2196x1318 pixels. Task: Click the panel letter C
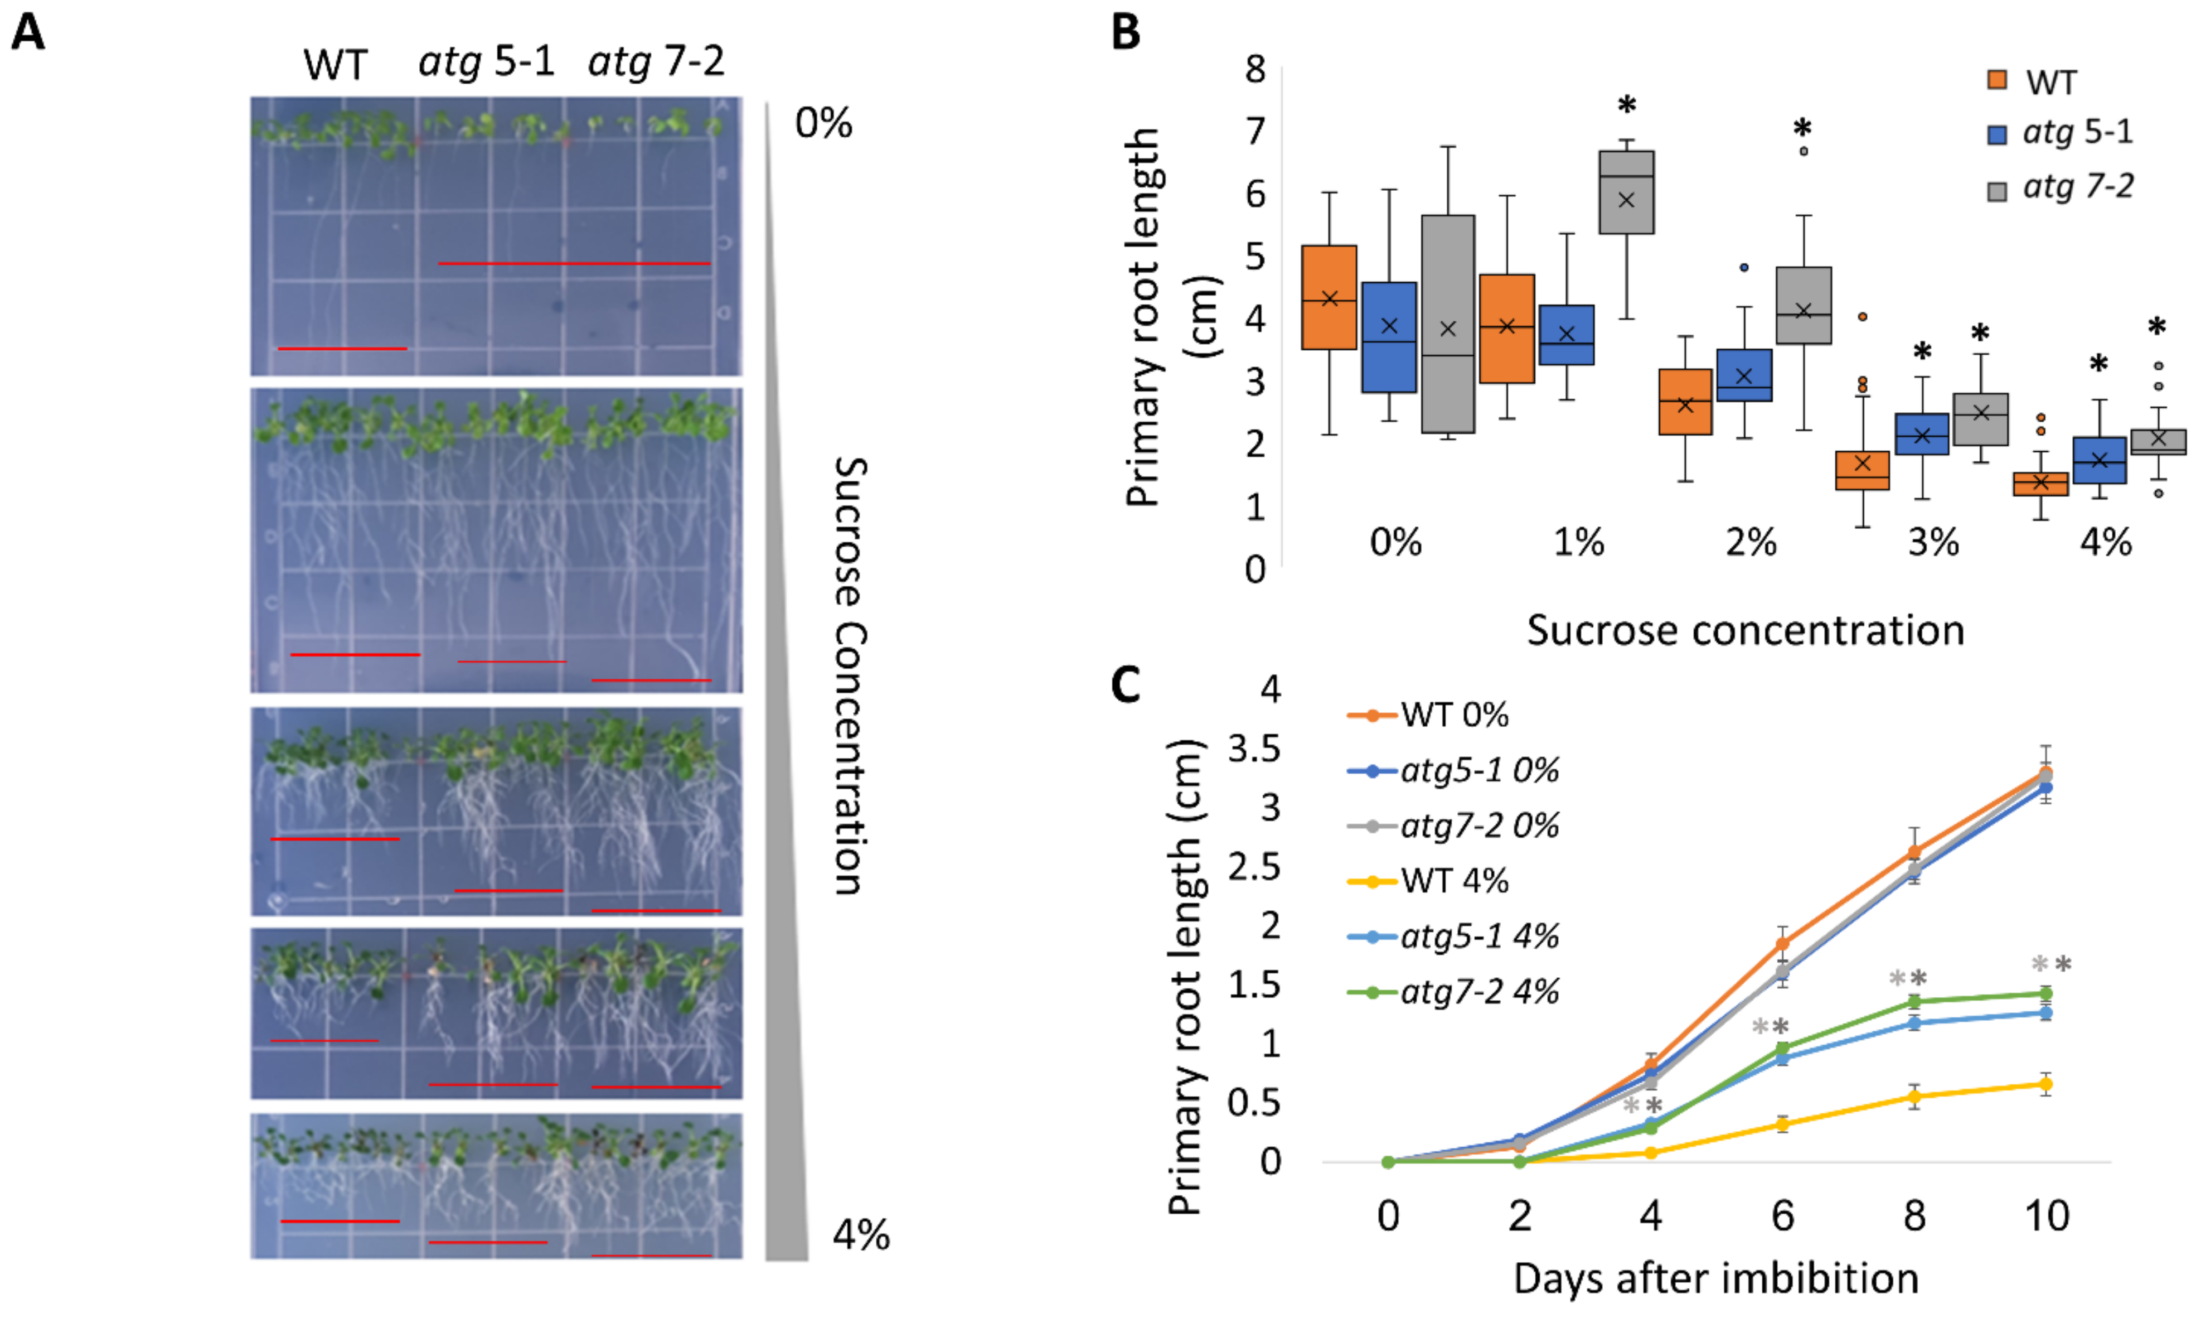(x=1126, y=685)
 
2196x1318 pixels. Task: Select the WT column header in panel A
(x=335, y=65)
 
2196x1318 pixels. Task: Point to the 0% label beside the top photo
(x=823, y=123)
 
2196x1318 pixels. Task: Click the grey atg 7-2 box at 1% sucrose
(x=1626, y=192)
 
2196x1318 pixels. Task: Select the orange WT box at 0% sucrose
(x=1329, y=297)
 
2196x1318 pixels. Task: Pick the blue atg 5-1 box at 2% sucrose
(x=1744, y=375)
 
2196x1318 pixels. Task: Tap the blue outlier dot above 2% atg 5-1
(x=1744, y=267)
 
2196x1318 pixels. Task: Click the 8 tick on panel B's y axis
(x=1255, y=69)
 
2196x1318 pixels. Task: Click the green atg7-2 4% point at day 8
(x=1914, y=1002)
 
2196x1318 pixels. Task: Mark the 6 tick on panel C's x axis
(x=1782, y=1215)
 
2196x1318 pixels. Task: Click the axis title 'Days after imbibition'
(x=1715, y=1279)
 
